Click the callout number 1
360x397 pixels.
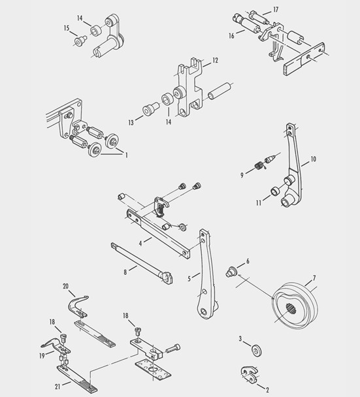coord(126,155)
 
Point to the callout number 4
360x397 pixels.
coord(140,242)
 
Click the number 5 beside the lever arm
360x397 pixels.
coord(189,278)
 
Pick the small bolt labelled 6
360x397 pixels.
coord(231,271)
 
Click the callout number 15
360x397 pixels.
coord(67,28)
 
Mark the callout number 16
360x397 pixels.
coord(232,37)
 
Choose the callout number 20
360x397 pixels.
coord(65,287)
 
